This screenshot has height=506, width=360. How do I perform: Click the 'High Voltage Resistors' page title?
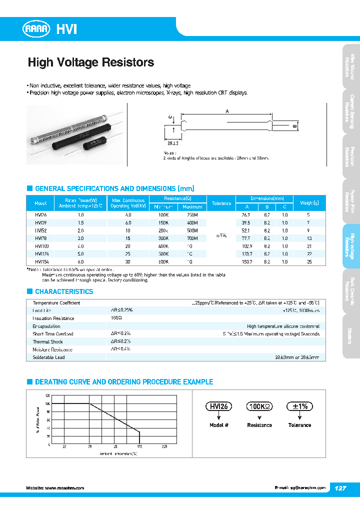[90, 62]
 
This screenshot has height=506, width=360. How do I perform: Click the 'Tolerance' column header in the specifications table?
[221, 203]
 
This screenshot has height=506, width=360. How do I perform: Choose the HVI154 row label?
[40, 261]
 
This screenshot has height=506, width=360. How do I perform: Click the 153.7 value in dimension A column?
[246, 261]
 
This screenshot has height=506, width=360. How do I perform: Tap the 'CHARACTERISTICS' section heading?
[63, 291]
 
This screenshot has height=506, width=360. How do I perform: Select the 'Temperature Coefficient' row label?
[56, 303]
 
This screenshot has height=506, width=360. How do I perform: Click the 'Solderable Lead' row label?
[48, 357]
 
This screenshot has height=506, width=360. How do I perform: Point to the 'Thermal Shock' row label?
[47, 342]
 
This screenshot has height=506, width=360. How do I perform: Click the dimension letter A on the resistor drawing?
[227, 111]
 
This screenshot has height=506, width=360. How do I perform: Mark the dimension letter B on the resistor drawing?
[295, 126]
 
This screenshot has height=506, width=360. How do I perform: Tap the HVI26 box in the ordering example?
[219, 406]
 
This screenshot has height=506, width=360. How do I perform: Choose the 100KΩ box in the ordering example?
[259, 406]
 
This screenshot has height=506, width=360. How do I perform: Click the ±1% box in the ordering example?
[299, 406]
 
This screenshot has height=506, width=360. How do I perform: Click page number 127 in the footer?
[339, 487]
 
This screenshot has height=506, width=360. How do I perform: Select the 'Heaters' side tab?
[351, 336]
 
